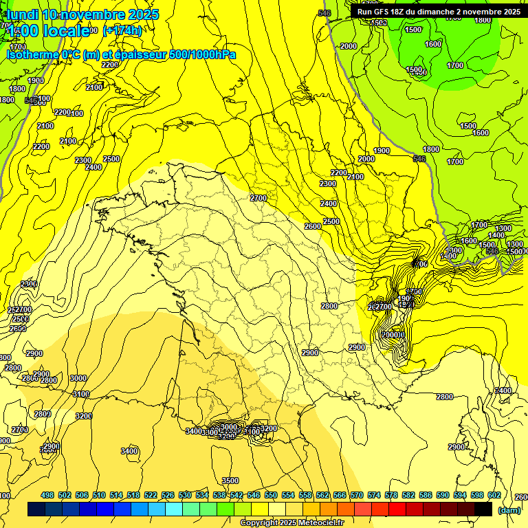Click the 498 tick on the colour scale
pyautogui.click(x=47, y=495)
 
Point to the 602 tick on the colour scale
pyautogui.click(x=494, y=495)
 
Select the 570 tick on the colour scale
pyautogui.click(x=357, y=495)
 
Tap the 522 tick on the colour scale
pyautogui.click(x=151, y=495)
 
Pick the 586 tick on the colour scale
pyautogui.click(x=426, y=495)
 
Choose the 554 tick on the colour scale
pyautogui.click(x=288, y=495)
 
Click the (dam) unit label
pyautogui.click(x=509, y=509)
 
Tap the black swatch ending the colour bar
pyautogui.click(x=483, y=509)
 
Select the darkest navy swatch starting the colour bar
pyautogui.click(x=36, y=509)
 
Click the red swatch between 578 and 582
pyautogui.click(x=397, y=509)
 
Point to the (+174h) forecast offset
pyautogui.click(x=122, y=30)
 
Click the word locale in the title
pyautogui.click(x=65, y=30)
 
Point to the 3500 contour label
pyautogui.click(x=230, y=481)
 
